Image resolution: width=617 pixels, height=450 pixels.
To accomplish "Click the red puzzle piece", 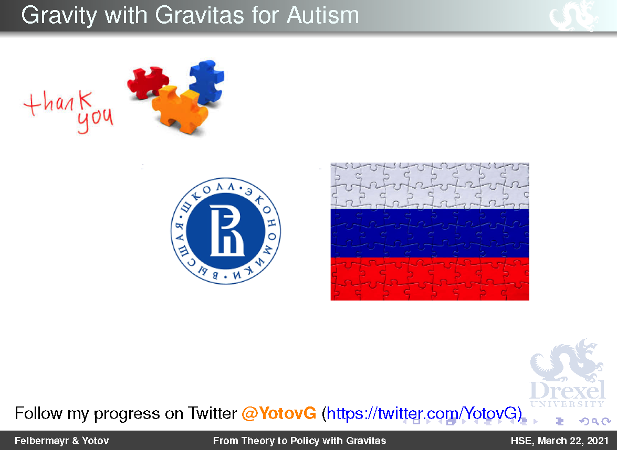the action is point(147,81).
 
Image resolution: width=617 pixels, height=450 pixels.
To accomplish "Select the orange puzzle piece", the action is point(180,110).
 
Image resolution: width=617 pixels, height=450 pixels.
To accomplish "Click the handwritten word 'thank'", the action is point(58,102).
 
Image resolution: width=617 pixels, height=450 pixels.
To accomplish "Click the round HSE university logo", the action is point(225,231).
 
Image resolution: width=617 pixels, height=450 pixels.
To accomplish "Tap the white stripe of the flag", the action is point(430,186).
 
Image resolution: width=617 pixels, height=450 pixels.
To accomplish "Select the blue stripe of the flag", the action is point(430,233).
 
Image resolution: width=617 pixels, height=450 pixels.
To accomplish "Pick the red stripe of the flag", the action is point(430,279).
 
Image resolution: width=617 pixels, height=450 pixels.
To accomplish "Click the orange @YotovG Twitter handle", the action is point(279,413).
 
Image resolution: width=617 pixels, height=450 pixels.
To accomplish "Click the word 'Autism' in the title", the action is point(322,15).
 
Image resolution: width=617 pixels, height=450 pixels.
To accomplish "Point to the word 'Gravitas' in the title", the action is point(200,15).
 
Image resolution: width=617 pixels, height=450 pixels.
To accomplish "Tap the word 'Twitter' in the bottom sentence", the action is point(212,413).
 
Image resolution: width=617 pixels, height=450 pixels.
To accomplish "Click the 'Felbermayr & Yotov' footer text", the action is point(62,441).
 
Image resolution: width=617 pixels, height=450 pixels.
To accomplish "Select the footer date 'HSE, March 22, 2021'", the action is point(560,441).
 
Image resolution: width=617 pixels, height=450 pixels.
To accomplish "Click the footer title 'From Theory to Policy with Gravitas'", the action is point(299,441).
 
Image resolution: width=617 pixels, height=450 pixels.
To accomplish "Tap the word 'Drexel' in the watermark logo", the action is point(567,390).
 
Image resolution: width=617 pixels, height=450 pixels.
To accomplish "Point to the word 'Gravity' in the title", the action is point(59,16).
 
